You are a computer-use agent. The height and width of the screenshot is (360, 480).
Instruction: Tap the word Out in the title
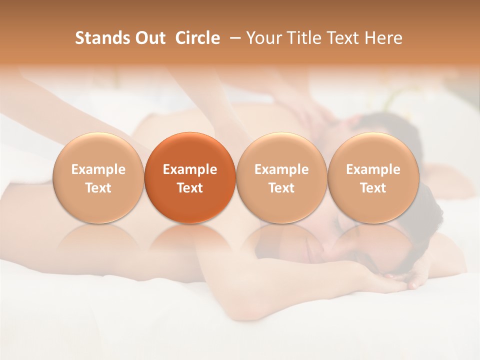(x=149, y=38)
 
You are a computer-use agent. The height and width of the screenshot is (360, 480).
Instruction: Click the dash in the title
(x=233, y=38)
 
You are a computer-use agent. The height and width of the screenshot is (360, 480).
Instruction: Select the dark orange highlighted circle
(x=190, y=177)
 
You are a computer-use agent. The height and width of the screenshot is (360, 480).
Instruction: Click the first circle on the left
(x=98, y=177)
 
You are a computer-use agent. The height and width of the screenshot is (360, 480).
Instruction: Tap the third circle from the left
(x=281, y=177)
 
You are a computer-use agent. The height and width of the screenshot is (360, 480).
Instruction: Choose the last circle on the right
(x=373, y=177)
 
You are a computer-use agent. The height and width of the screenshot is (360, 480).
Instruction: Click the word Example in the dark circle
(x=190, y=169)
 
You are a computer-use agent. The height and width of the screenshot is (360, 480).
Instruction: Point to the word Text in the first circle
(x=98, y=187)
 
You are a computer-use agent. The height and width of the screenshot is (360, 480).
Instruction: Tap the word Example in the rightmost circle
(x=373, y=169)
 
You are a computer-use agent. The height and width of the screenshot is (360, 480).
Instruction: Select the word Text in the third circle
(x=281, y=187)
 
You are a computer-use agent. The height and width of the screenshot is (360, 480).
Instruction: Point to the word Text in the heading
(x=343, y=38)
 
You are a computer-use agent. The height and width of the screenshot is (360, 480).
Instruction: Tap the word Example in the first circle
(x=98, y=169)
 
